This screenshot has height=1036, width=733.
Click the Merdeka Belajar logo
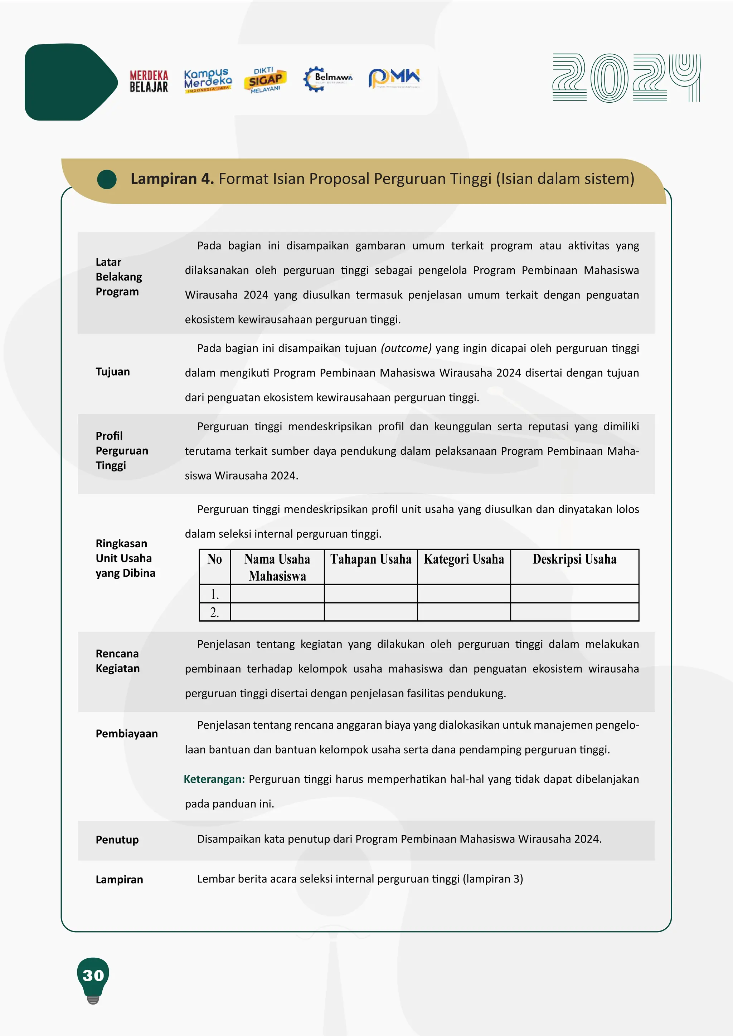pyautogui.click(x=149, y=81)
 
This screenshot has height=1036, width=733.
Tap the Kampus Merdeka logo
pyautogui.click(x=208, y=81)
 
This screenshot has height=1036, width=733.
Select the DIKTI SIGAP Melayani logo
pyautogui.click(x=266, y=80)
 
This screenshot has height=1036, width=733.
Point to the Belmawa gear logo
pyautogui.click(x=327, y=79)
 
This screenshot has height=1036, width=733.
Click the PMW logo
pyautogui.click(x=394, y=78)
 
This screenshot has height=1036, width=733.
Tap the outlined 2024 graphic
pyautogui.click(x=626, y=78)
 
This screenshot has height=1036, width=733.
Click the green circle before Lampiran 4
pyautogui.click(x=107, y=179)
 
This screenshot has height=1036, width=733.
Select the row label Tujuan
pyautogui.click(x=113, y=372)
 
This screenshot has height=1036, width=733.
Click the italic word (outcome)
pyautogui.click(x=406, y=348)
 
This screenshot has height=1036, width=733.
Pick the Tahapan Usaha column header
pyautogui.click(x=370, y=559)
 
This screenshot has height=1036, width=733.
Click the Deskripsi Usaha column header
pyautogui.click(x=574, y=559)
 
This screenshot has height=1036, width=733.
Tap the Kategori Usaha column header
pyautogui.click(x=463, y=559)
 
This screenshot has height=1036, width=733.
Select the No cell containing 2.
pyautogui.click(x=214, y=612)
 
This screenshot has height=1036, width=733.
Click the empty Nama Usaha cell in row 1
pyautogui.click(x=277, y=594)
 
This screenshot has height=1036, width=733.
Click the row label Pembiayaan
pyautogui.click(x=127, y=734)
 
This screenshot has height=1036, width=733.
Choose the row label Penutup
pyautogui.click(x=117, y=840)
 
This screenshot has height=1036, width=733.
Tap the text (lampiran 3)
pyautogui.click(x=492, y=879)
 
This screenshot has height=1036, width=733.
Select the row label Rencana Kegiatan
pyautogui.click(x=118, y=661)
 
